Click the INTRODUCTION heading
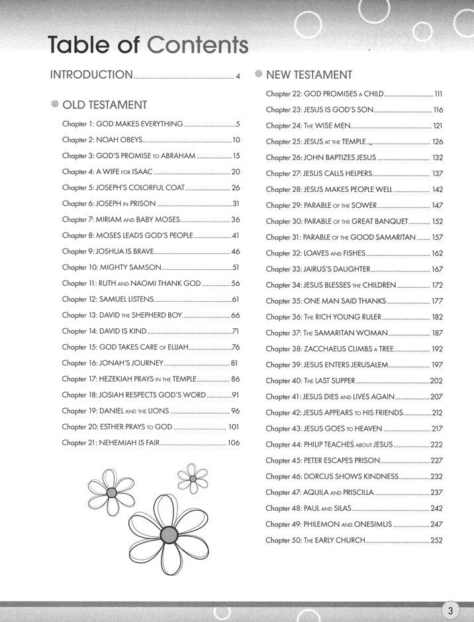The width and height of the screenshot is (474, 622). point(92,75)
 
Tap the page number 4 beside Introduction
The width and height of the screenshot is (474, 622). point(238,75)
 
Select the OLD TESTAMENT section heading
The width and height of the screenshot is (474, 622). point(105,105)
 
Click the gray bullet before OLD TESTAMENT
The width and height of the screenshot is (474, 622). point(54,105)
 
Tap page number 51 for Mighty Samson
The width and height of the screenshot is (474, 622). point(235,268)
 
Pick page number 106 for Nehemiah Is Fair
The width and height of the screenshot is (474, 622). point(233,443)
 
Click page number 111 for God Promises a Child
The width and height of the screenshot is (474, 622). point(438,94)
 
